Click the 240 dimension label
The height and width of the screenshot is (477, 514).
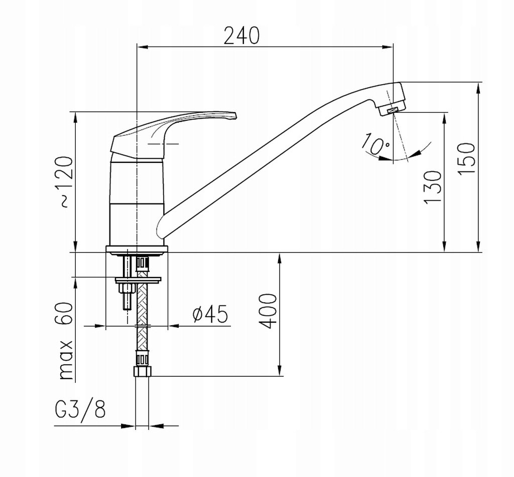coord(241,36)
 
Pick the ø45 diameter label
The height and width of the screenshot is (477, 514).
coord(210,314)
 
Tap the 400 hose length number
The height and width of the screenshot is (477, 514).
coord(268,311)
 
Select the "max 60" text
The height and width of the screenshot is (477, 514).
coord(66,341)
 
